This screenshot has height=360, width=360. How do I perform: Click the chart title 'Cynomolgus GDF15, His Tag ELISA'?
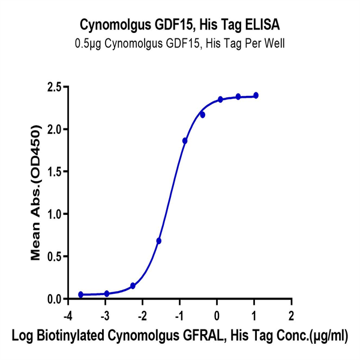pyautogui.click(x=179, y=25)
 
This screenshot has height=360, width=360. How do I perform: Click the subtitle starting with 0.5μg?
pyautogui.click(x=179, y=43)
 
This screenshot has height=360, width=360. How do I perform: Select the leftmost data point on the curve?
pyautogui.click(x=80, y=295)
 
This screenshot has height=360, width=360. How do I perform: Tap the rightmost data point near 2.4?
pyautogui.click(x=256, y=95)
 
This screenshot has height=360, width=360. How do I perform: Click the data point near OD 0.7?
pyautogui.click(x=159, y=241)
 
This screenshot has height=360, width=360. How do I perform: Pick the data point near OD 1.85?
pyautogui.click(x=185, y=140)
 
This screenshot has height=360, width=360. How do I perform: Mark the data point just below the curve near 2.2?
pyautogui.click(x=203, y=115)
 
